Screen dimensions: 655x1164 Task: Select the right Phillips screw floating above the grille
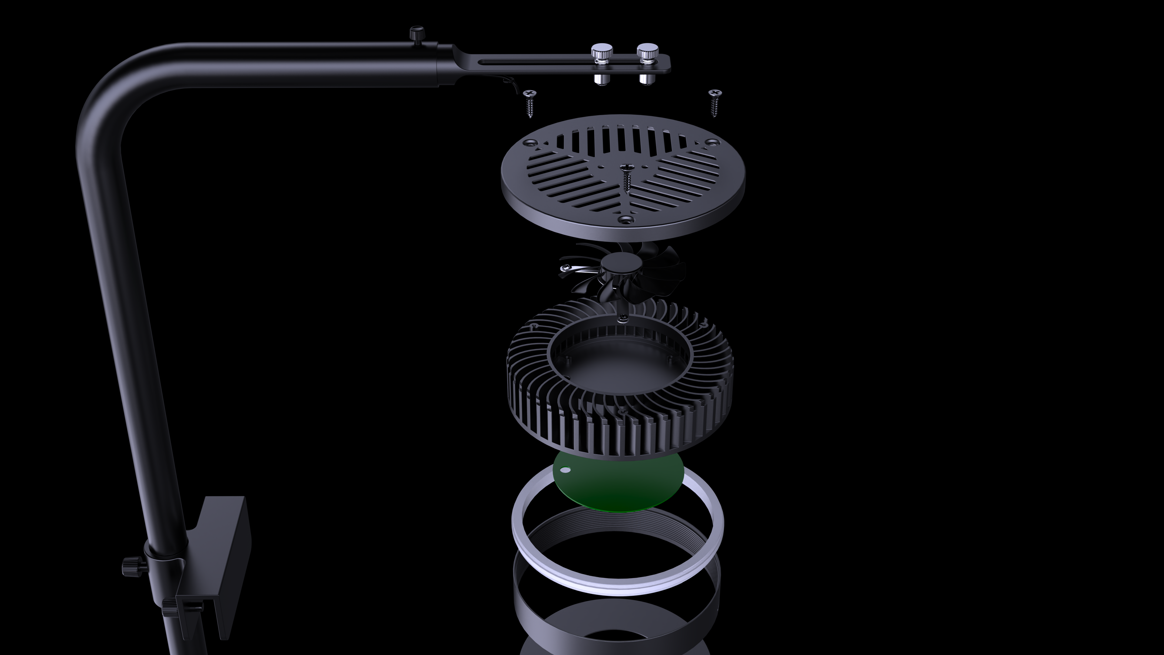point(714,101)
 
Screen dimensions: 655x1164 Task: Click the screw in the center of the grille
point(626,177)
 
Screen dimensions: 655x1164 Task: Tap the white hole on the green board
point(565,471)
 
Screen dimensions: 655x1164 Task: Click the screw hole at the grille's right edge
point(713,142)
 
